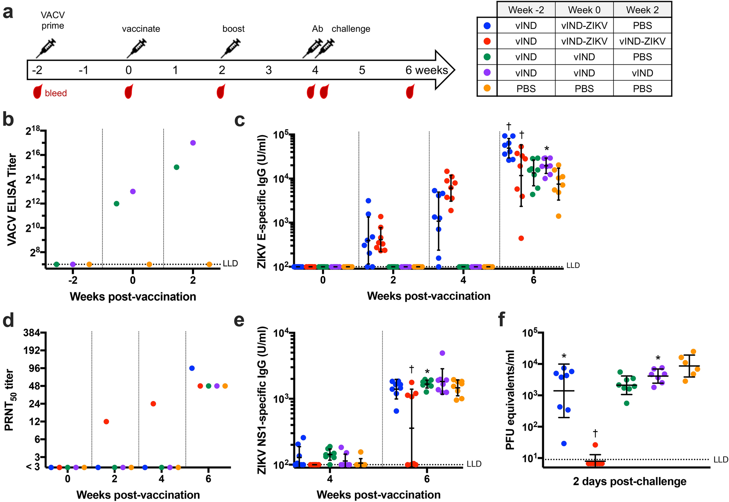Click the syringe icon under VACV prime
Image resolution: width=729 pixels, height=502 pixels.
(46, 48)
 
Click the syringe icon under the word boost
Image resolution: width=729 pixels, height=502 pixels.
(231, 48)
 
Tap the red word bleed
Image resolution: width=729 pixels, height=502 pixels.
(56, 93)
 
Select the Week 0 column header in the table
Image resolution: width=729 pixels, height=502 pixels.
(584, 10)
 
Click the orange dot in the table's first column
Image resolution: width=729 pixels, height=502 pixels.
(487, 88)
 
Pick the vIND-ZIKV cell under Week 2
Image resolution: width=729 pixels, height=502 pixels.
(642, 41)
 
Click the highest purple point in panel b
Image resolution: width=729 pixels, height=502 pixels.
(193, 143)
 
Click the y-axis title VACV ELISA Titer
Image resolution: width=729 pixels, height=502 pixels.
(12, 200)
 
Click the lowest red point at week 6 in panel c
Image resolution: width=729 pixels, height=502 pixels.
(521, 238)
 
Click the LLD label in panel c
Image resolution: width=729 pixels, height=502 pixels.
(573, 265)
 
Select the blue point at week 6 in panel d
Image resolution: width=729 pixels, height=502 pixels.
(192, 368)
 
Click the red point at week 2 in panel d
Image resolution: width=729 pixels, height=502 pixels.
(106, 421)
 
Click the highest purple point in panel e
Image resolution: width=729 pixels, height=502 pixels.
(442, 353)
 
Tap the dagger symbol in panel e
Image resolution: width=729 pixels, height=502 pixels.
(411, 369)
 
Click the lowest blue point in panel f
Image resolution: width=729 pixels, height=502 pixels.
(564, 443)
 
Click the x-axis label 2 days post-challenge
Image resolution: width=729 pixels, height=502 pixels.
(629, 481)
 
